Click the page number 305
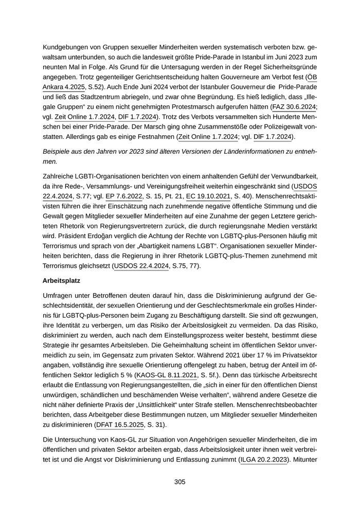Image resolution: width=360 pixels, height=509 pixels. pyautogui.click(x=179, y=482)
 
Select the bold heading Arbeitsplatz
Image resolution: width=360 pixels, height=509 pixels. pyautogui.click(x=63, y=282)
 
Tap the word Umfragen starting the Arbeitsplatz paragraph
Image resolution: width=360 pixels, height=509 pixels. pyautogui.click(x=59, y=297)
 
